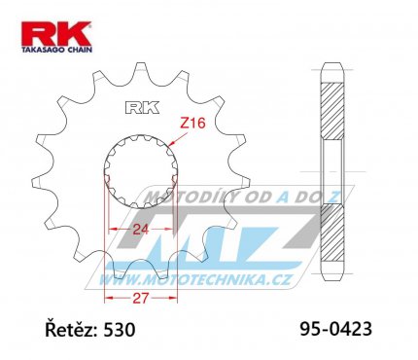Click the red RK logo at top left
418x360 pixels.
pyautogui.click(x=56, y=34)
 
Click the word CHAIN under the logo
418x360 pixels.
pyautogui.click(x=80, y=50)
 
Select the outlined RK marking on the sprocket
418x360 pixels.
pyautogui.click(x=142, y=108)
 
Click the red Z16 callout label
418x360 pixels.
pyautogui.click(x=192, y=124)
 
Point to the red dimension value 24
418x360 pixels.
pyautogui.click(x=141, y=230)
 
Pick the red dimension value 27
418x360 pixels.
pyautogui.click(x=141, y=298)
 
